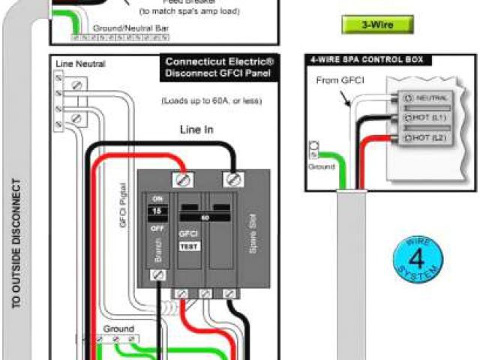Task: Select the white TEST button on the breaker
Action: point(189,246)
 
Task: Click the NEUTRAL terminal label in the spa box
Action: point(430,97)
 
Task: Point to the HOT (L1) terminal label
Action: point(430,118)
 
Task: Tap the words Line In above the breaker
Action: point(196,130)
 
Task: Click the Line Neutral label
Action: point(74,65)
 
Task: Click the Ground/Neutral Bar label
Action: point(124,28)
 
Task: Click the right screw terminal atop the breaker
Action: point(233,179)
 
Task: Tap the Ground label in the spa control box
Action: point(321,166)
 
